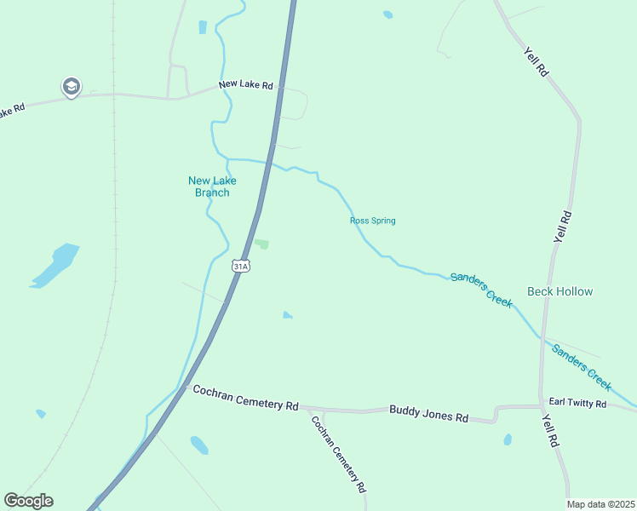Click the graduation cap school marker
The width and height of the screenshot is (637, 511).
click(71, 86)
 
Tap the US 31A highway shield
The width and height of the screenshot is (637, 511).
click(241, 267)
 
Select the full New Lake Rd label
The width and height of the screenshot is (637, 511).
click(245, 85)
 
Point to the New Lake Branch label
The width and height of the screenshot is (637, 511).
click(212, 187)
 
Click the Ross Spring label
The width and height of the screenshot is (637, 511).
click(372, 221)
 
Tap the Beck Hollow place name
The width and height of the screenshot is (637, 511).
click(560, 291)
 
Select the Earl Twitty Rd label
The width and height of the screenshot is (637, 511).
click(577, 403)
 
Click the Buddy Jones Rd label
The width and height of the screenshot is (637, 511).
click(429, 414)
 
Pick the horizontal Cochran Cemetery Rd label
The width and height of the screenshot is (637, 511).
click(245, 397)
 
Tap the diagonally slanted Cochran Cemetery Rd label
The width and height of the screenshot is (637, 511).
click(338, 454)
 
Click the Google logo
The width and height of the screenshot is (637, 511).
click(28, 501)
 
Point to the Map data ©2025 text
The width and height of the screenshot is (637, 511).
click(600, 504)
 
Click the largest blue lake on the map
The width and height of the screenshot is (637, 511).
click(56, 265)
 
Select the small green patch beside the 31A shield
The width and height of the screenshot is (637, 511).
click(262, 244)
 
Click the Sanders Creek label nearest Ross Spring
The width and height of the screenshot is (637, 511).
click(481, 290)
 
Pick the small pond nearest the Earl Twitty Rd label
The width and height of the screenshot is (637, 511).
click(508, 439)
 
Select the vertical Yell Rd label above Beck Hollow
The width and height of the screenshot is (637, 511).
click(560, 227)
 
